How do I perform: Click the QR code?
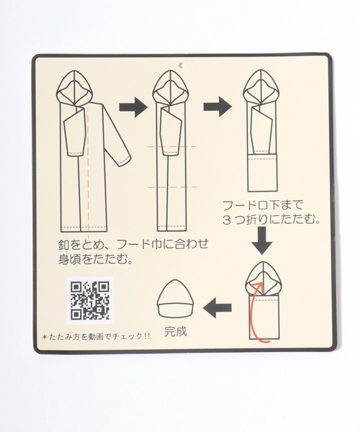click(x=89, y=300)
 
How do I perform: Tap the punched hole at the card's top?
click(x=181, y=66)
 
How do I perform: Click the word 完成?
click(x=176, y=332)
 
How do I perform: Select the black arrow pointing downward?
click(x=262, y=240)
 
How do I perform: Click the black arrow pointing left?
click(x=217, y=307)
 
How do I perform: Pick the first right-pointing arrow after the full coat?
click(x=133, y=107)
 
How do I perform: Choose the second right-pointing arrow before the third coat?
click(x=217, y=107)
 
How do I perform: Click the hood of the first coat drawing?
click(x=74, y=88)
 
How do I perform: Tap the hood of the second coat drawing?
click(x=171, y=88)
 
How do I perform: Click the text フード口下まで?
click(x=263, y=205)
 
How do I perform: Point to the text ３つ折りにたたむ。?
click(x=271, y=220)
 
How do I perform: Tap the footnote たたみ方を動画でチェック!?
click(x=96, y=336)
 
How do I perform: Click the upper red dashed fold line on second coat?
click(x=171, y=146)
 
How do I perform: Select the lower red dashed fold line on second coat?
click(x=172, y=187)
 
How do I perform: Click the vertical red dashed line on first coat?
click(x=88, y=173)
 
